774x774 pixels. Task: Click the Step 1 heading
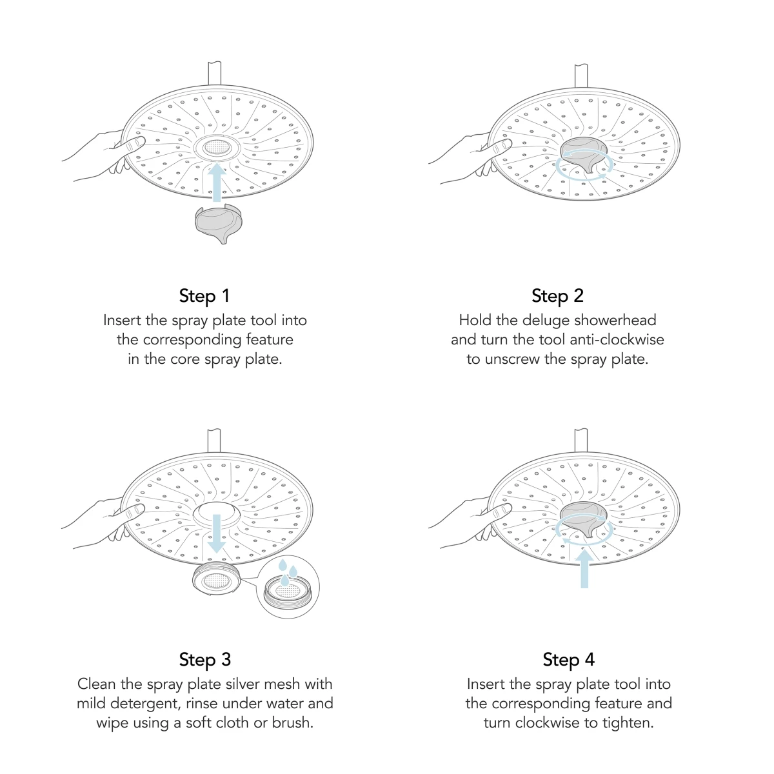pyautogui.click(x=204, y=296)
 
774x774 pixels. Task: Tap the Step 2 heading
pyautogui.click(x=557, y=296)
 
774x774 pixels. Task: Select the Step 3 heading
pyautogui.click(x=205, y=660)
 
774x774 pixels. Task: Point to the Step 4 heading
pyautogui.click(x=569, y=660)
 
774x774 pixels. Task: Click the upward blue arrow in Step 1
pyautogui.click(x=217, y=182)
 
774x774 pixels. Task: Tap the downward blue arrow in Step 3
pyautogui.click(x=217, y=533)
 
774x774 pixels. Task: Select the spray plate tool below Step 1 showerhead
pyautogui.click(x=219, y=223)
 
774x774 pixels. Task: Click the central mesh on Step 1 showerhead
pyautogui.click(x=217, y=148)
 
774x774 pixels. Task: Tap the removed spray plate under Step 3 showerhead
pyautogui.click(x=217, y=579)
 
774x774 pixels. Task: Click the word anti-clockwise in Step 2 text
pyautogui.click(x=617, y=340)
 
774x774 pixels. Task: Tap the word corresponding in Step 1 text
pyautogui.click(x=192, y=340)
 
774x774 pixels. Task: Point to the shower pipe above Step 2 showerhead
pyautogui.click(x=581, y=75)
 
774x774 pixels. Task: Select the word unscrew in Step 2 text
pyautogui.click(x=512, y=359)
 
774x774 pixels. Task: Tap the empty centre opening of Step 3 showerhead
pyautogui.click(x=217, y=513)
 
